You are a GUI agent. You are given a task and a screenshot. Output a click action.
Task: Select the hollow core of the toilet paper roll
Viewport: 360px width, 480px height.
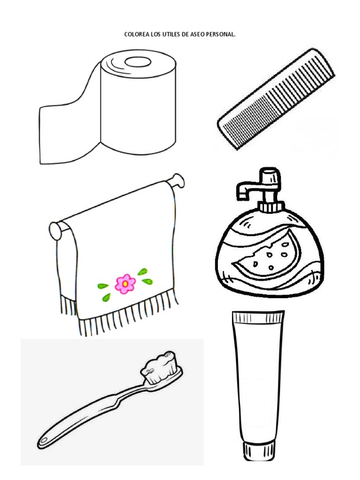(x=138, y=62)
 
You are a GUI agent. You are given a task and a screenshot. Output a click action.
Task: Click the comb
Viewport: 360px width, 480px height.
(x=276, y=99)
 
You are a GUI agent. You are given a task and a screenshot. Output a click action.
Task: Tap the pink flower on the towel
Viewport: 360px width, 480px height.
(x=125, y=284)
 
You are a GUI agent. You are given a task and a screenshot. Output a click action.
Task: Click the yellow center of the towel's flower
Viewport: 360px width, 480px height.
(x=125, y=284)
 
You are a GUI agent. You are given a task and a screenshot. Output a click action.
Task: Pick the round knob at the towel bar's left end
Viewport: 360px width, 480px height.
(x=55, y=231)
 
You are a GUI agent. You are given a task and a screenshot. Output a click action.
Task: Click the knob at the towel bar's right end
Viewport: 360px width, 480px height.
(x=178, y=180)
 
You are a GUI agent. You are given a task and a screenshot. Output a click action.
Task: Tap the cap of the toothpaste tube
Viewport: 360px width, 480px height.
(x=259, y=451)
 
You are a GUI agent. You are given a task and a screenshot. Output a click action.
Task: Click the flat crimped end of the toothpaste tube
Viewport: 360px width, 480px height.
(x=258, y=317)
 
